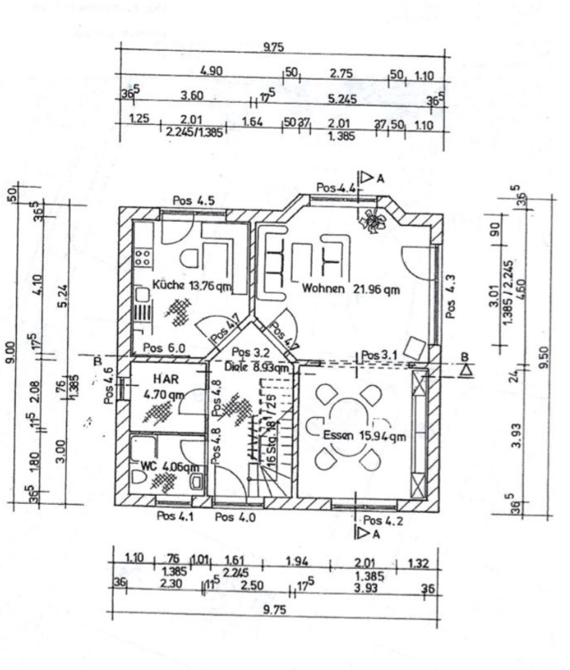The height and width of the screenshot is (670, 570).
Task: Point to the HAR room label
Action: point(162,380)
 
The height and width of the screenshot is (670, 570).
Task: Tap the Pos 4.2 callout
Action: point(383,520)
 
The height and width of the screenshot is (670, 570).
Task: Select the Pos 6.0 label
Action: point(164,348)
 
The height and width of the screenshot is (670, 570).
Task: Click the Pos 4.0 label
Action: point(235,516)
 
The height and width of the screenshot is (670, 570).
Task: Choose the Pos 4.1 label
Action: point(175,516)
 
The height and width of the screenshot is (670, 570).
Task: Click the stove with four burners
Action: point(141,257)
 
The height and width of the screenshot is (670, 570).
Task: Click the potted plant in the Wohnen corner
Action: point(371,220)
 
